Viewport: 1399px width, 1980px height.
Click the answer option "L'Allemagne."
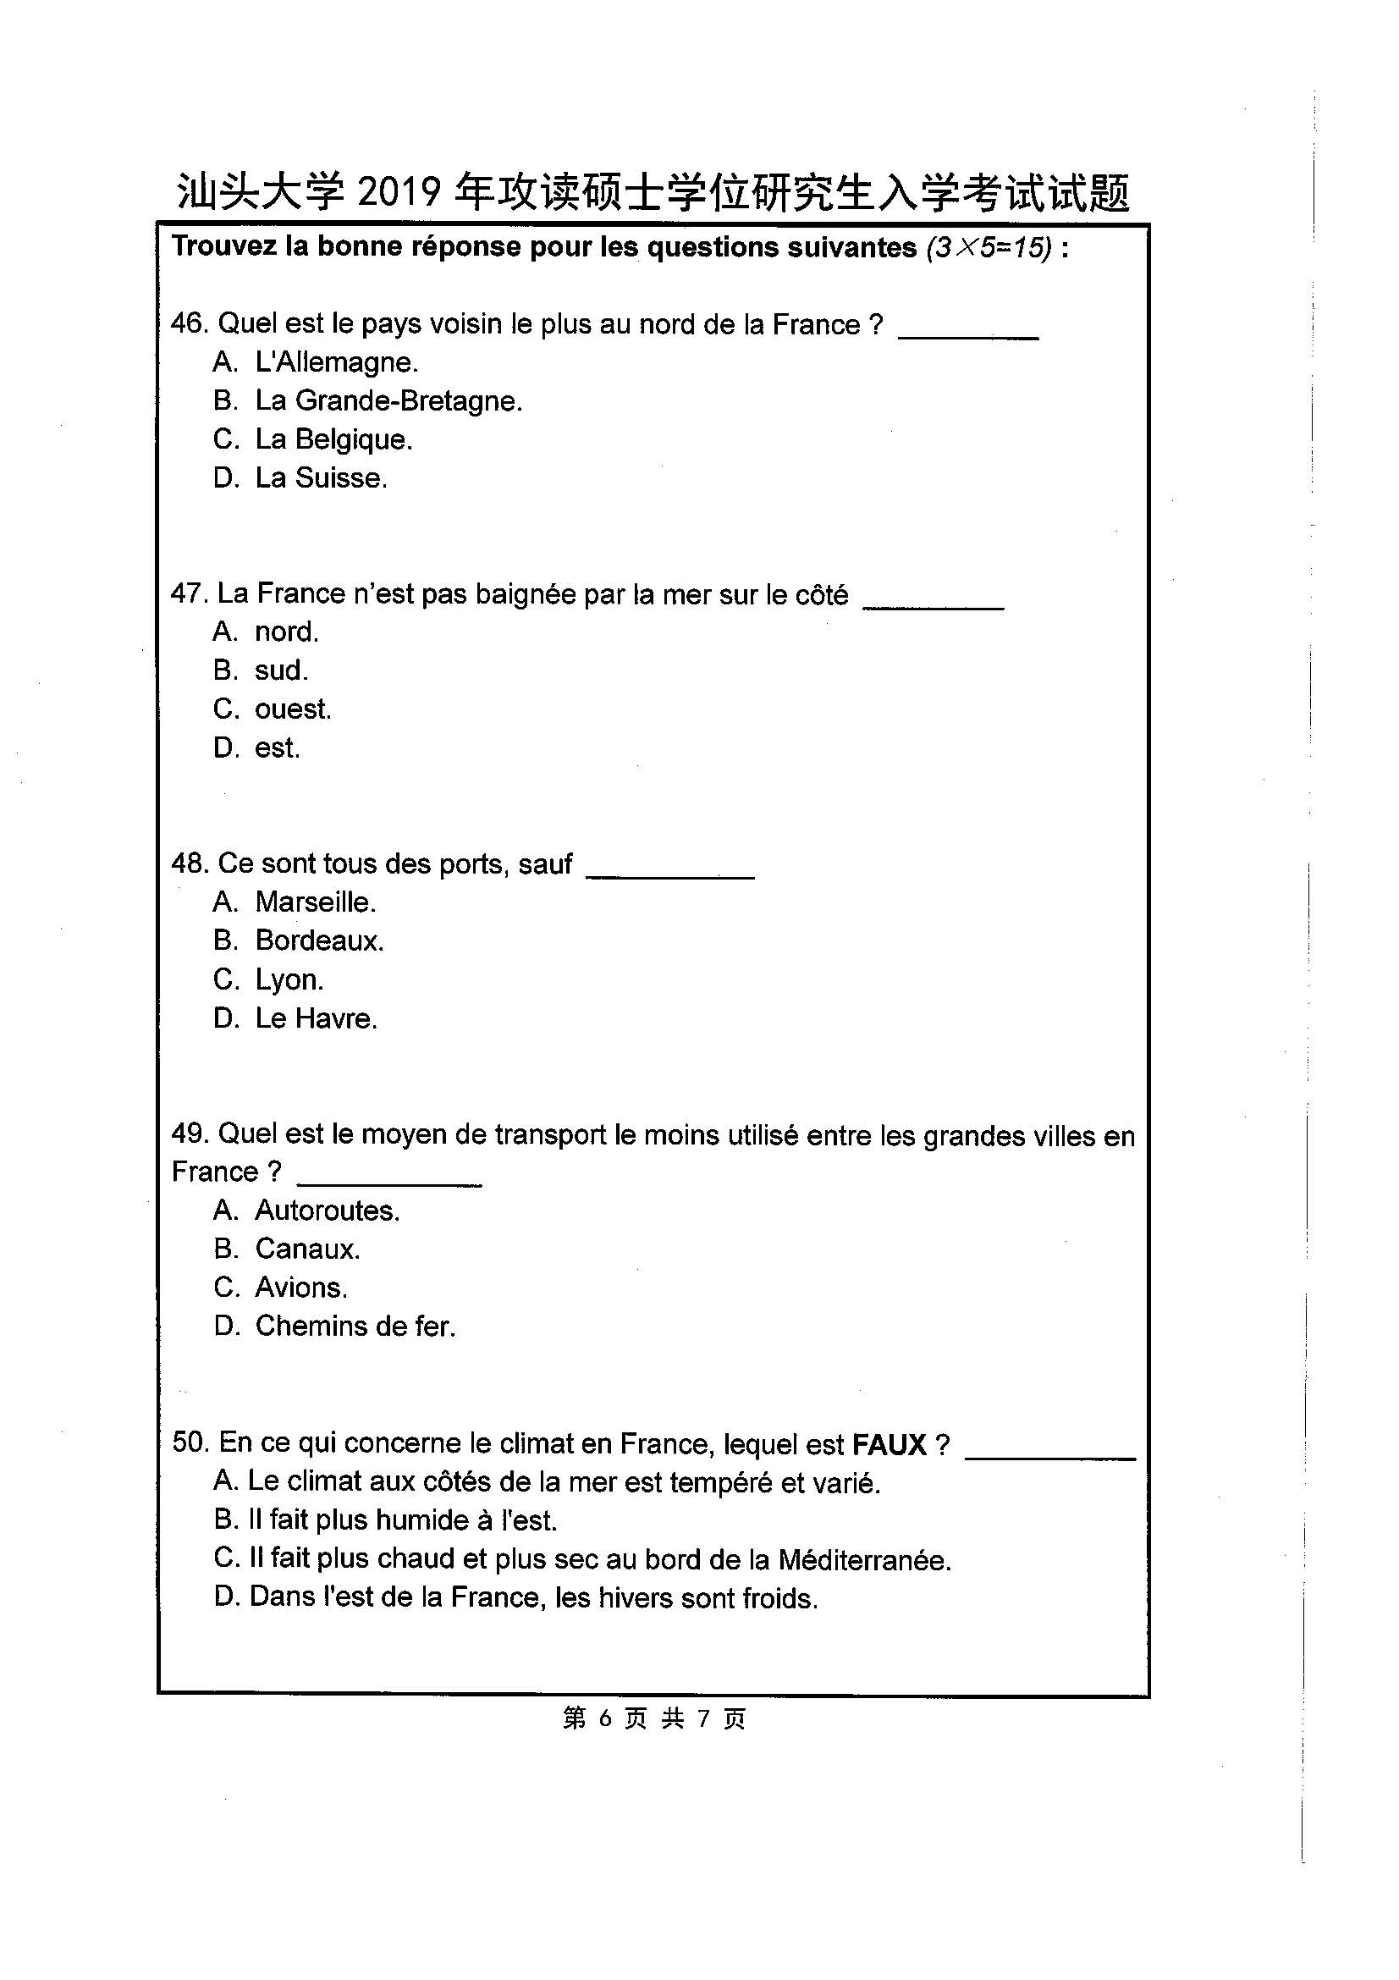(x=336, y=362)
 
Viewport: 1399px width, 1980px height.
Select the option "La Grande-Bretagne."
(x=388, y=401)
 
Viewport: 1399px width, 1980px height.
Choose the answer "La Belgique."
(x=333, y=440)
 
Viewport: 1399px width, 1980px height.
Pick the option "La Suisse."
(x=321, y=477)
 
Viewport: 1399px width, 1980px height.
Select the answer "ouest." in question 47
(x=292, y=709)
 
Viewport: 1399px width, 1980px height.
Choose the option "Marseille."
(x=316, y=902)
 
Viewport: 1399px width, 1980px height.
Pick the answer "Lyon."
(x=289, y=979)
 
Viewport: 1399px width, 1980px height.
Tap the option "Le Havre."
(x=316, y=1018)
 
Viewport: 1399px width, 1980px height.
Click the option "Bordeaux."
(x=319, y=940)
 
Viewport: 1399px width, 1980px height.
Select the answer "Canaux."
(x=307, y=1249)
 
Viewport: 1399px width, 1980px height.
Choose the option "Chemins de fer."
(x=355, y=1326)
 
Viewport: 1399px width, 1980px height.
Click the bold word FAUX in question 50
(x=889, y=1444)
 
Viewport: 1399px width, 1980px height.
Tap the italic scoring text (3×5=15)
(x=989, y=247)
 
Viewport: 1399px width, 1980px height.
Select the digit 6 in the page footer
(x=604, y=1718)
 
